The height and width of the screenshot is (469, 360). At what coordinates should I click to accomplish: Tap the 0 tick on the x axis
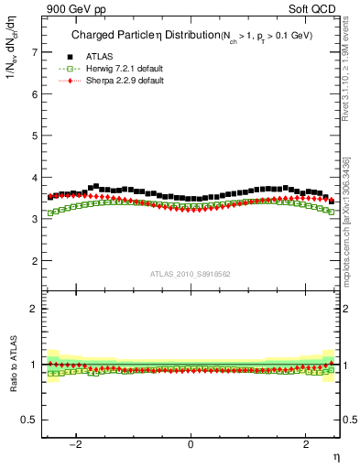(191, 444)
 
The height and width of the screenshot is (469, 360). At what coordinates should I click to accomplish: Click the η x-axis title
(335, 455)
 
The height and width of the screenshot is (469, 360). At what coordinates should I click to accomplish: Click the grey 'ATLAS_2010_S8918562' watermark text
(191, 273)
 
